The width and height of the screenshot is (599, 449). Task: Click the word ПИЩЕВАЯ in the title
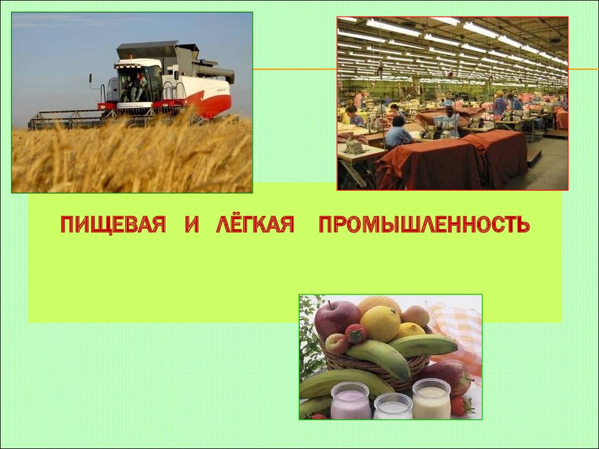tap(113, 224)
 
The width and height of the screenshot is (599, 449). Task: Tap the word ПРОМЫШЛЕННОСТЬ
tap(424, 224)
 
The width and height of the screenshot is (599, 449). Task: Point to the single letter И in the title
tap(192, 224)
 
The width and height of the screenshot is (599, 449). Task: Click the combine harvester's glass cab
tap(137, 82)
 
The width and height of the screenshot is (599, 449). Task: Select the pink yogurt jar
tap(350, 400)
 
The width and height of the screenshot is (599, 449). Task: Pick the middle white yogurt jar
tap(392, 407)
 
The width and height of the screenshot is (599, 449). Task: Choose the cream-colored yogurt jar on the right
tap(432, 398)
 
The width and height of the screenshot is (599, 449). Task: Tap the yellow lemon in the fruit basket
tap(380, 324)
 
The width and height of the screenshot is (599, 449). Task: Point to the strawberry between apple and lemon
tap(356, 333)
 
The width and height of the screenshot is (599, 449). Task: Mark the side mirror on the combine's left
tap(91, 79)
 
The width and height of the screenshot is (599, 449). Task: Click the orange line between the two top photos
tap(295, 69)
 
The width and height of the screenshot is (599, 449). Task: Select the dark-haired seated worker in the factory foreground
tap(397, 132)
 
